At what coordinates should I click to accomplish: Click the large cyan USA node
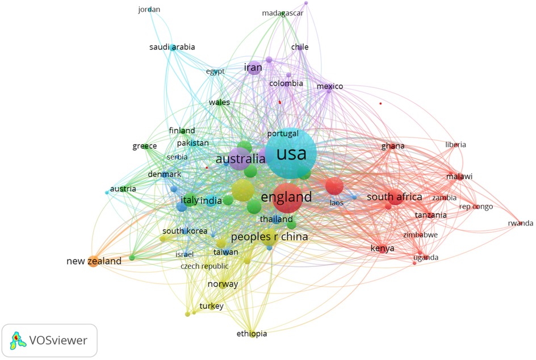291,154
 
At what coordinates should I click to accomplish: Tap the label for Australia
240,159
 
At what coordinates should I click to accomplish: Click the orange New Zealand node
93,262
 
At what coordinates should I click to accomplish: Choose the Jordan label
149,10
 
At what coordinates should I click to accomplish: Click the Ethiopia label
252,334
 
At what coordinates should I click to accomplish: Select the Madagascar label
282,13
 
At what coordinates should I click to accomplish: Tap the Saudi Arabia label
172,47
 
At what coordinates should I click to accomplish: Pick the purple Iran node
254,68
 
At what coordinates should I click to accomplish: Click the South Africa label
395,197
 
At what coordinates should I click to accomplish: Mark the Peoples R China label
269,236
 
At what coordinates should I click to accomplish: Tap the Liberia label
455,145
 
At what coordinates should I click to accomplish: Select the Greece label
144,146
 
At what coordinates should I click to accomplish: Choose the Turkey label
211,306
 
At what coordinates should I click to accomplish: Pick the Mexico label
330,86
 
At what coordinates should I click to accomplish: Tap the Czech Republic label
204,266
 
